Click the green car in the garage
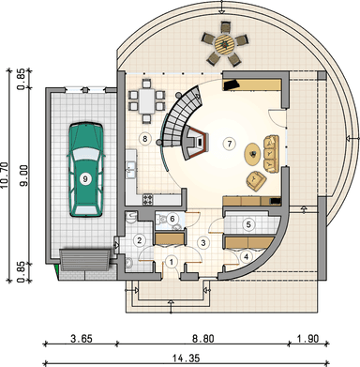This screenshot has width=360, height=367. click(x=85, y=170)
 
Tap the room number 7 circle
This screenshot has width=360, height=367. click(x=230, y=144)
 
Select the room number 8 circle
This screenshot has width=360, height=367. click(x=144, y=138)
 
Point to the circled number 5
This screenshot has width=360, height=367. click(x=248, y=224)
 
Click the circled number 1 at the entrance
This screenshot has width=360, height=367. click(x=172, y=262)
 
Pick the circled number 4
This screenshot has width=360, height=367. click(x=247, y=257)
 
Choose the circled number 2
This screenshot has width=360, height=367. click(x=140, y=240)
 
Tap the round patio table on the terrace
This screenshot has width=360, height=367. click(x=225, y=44)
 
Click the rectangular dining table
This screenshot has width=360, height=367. click(x=147, y=100)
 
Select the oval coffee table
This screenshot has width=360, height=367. click(x=252, y=153)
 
